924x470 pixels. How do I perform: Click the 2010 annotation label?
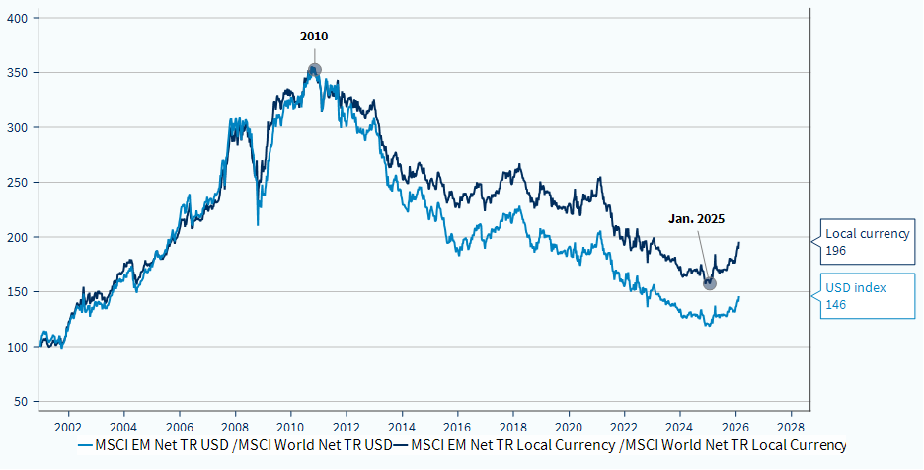tap(314, 37)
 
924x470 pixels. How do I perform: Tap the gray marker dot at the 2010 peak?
tap(314, 70)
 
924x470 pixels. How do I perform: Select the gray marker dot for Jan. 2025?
tap(709, 283)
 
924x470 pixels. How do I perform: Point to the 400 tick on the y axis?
tap(20, 19)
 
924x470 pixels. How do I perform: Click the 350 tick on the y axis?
tap(20, 73)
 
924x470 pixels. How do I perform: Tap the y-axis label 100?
tap(20, 348)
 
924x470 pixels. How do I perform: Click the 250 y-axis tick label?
tap(20, 183)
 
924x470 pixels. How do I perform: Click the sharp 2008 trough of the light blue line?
tap(258, 224)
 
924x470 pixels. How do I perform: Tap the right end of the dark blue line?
tap(739, 243)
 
